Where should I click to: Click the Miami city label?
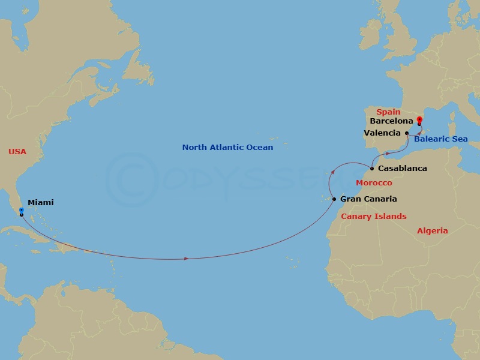click(x=41, y=203)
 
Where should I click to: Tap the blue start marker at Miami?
click(x=21, y=210)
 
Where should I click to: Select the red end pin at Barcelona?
click(x=419, y=120)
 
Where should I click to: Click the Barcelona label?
click(x=391, y=121)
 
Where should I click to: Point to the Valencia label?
click(x=382, y=133)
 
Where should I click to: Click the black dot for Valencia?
click(x=407, y=133)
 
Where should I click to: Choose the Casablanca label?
click(x=403, y=169)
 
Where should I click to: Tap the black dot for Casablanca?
click(x=372, y=169)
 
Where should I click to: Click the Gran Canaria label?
click(x=368, y=199)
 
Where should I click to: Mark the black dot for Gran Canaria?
click(x=334, y=199)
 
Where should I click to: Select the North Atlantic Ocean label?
click(x=227, y=148)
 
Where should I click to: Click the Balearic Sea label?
click(x=440, y=140)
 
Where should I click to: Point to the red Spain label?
click(x=388, y=112)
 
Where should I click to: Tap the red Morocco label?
click(x=374, y=183)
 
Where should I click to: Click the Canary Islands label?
click(x=373, y=217)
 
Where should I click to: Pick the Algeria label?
click(x=433, y=231)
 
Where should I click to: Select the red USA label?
click(x=17, y=152)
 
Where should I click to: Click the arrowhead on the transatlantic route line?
click(x=187, y=259)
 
